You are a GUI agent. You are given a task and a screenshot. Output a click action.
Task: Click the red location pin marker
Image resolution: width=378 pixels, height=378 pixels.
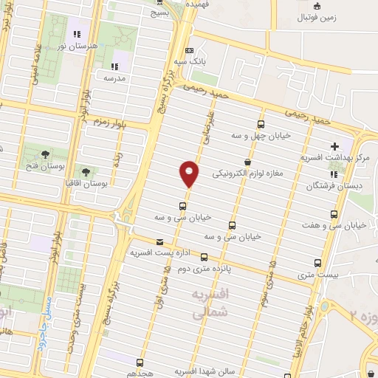click(x=189, y=173)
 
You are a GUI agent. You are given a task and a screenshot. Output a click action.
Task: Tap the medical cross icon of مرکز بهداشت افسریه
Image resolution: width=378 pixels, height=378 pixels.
click(x=334, y=145)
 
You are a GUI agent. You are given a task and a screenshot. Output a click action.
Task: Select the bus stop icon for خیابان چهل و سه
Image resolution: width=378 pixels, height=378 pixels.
click(x=260, y=124)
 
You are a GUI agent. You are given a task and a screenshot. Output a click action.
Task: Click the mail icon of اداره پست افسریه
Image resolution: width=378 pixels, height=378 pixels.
click(x=160, y=242)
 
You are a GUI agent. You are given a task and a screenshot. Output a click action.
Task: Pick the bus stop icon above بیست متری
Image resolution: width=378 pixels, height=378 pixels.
click(x=317, y=263)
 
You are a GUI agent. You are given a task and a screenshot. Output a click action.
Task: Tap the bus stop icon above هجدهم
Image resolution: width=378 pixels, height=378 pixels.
click(x=140, y=362)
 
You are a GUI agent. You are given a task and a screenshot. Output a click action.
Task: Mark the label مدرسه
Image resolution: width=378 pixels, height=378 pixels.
click(x=116, y=78)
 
